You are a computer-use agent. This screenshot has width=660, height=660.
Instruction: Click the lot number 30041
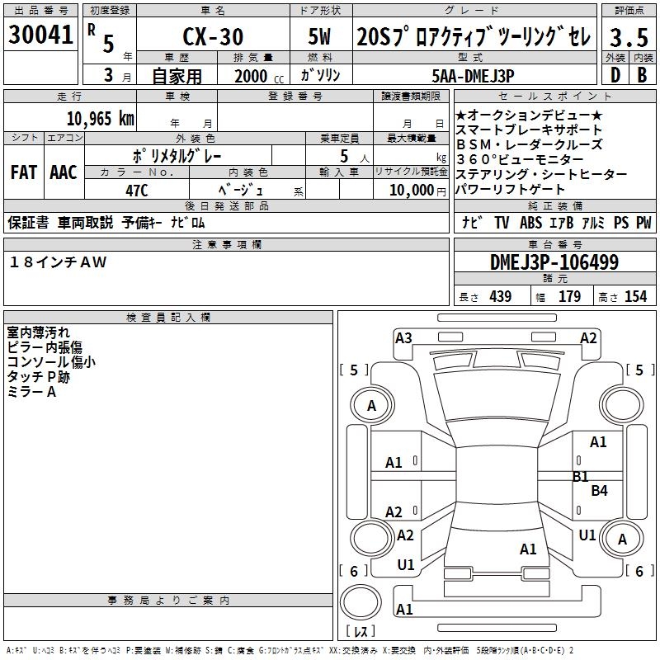point(40,35)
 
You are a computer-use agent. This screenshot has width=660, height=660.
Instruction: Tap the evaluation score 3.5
point(628,37)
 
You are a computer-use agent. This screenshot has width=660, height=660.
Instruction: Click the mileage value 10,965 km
point(100,118)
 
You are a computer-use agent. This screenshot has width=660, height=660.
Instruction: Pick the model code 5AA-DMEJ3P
point(473,75)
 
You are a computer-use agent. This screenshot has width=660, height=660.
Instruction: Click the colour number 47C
point(136,190)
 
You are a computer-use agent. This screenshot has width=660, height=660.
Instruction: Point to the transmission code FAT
point(23,172)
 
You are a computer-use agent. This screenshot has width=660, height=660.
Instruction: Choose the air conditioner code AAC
point(63,172)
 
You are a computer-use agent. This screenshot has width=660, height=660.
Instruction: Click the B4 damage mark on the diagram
point(599,491)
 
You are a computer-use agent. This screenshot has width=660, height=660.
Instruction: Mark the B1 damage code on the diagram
point(581,476)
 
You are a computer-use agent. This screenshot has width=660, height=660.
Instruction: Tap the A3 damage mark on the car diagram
point(403,337)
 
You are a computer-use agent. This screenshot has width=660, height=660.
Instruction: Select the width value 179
point(569,297)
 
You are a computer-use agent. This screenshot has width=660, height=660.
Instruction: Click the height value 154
point(635,297)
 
